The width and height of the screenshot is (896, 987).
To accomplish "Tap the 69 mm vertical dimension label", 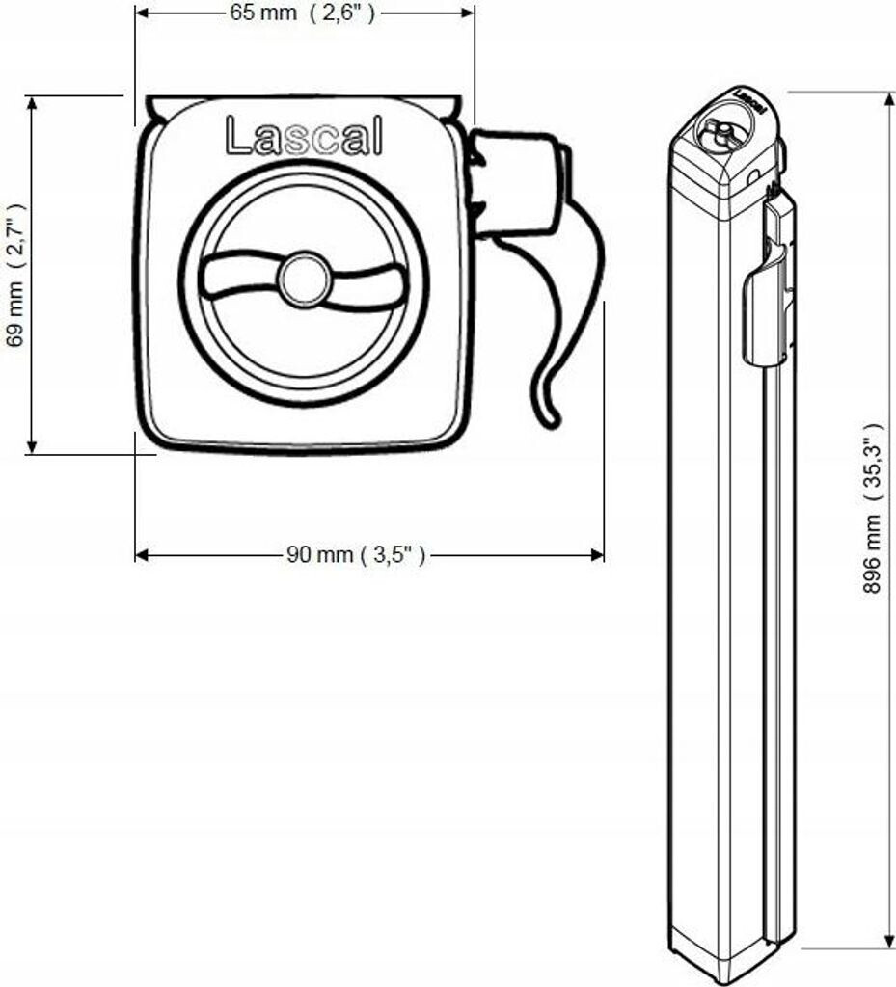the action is pos(14,274).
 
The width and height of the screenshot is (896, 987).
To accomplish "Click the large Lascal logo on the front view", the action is pos(303,137).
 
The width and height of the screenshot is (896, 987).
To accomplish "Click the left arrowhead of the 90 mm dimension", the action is pos(141,554).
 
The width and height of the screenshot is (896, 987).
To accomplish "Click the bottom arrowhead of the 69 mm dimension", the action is pos(32,445).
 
